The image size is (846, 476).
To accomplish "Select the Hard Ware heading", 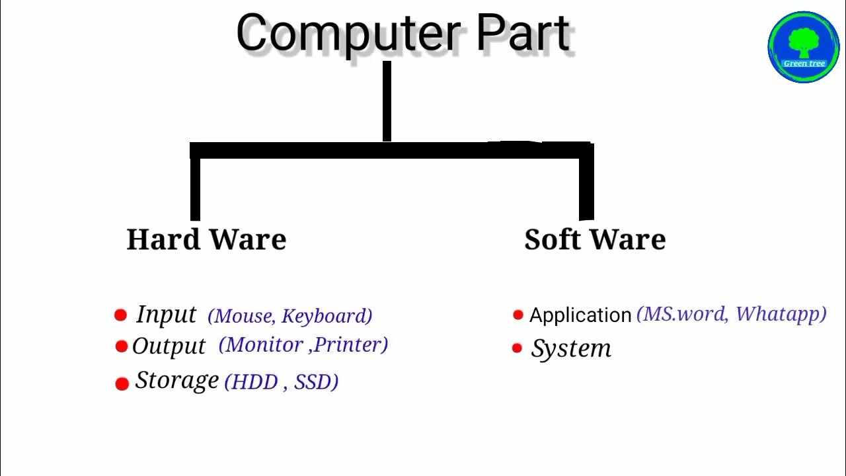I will point(206,239).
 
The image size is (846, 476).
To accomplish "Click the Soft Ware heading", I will point(595,239).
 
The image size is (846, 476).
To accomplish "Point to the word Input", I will point(166,315).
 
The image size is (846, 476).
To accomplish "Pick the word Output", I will point(169,346).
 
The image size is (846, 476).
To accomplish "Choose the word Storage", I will point(176,380).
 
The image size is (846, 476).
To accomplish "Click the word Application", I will point(580,315).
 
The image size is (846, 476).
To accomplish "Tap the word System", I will point(571,349).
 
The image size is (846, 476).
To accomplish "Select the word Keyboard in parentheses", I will point(327,316).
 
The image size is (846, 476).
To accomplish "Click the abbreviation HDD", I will point(252,382).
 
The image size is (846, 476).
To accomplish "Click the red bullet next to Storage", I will point(122,383).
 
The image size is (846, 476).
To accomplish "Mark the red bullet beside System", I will point(517,348).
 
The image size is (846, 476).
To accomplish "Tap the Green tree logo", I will point(803,47).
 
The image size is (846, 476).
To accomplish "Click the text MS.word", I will point(681,313).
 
